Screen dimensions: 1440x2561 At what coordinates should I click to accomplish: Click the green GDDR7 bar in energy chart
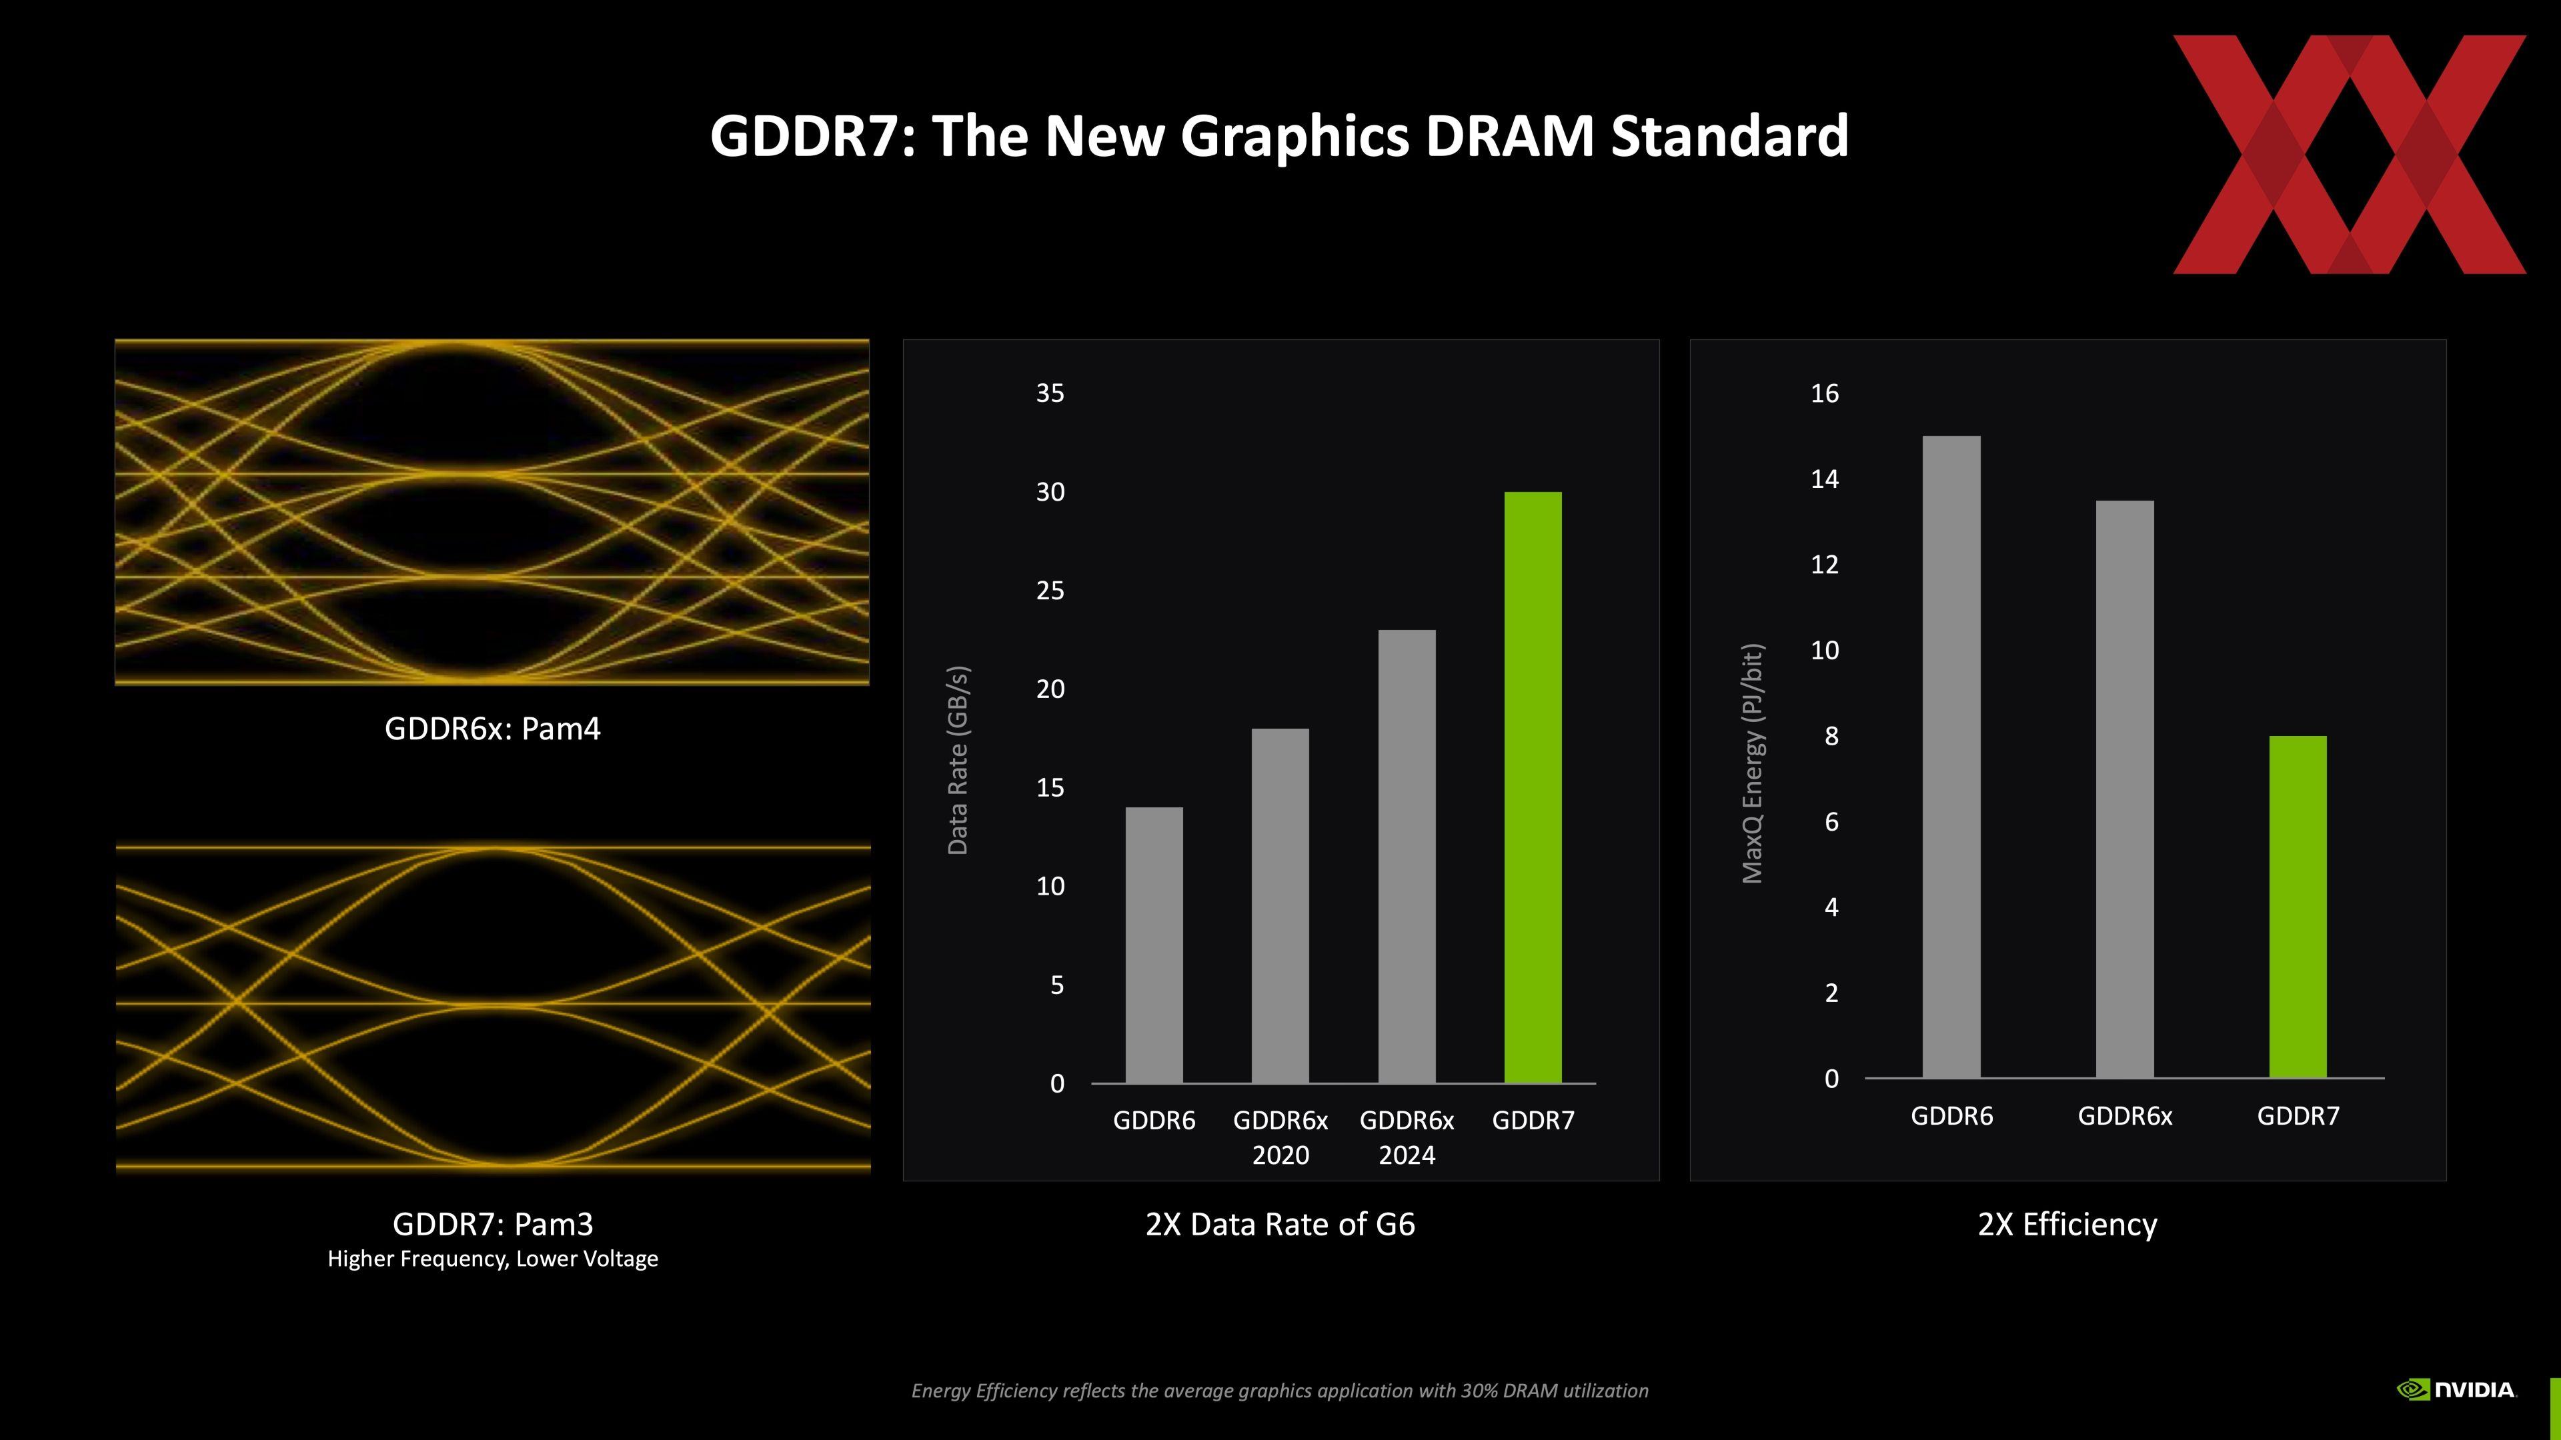[2298, 907]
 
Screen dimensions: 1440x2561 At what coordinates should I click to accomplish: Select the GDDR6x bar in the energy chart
[2125, 789]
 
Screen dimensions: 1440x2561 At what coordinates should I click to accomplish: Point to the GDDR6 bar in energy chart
[1951, 756]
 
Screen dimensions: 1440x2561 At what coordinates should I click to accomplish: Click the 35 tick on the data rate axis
[1050, 393]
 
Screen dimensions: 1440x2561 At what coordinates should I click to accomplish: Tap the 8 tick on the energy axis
[1831, 737]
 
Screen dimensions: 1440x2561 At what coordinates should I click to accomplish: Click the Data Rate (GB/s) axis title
[958, 760]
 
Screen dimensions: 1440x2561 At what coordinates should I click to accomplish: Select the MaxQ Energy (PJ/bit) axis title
[1753, 763]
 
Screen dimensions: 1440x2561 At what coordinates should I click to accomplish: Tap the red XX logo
[2348, 154]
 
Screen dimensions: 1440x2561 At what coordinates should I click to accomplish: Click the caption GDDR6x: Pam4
[492, 729]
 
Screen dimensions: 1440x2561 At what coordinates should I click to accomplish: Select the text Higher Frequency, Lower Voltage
[492, 1259]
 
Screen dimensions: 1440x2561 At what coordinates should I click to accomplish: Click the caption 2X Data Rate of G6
[1280, 1225]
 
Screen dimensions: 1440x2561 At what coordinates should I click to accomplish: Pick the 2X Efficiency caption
[2067, 1225]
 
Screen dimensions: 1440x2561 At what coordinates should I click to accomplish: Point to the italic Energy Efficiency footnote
[1280, 1390]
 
